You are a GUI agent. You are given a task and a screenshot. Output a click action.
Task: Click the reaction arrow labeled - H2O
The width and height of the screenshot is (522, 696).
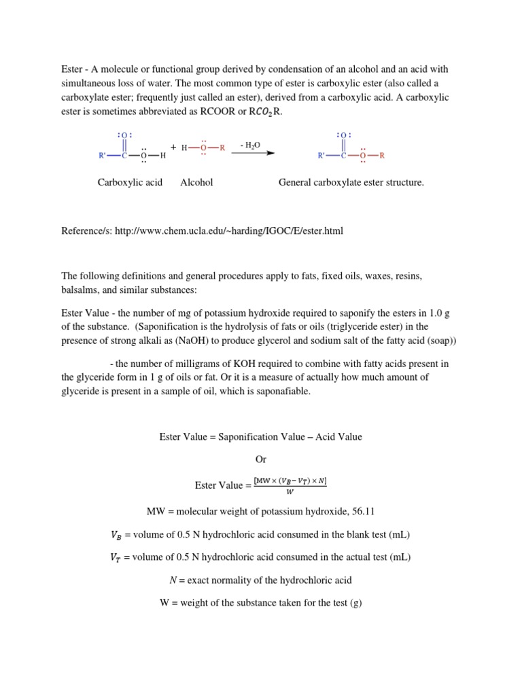(x=253, y=154)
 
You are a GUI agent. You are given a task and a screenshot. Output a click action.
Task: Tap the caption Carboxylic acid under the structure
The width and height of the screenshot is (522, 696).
(x=130, y=182)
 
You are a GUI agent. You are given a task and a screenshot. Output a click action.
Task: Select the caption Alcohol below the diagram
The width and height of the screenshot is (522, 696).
(x=196, y=182)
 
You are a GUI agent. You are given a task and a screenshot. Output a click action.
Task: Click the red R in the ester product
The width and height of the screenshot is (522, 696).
(x=382, y=156)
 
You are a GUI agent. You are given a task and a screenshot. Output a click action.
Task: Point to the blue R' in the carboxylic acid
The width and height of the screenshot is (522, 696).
(x=103, y=156)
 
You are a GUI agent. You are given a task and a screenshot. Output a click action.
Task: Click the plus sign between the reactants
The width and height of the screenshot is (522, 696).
(x=173, y=147)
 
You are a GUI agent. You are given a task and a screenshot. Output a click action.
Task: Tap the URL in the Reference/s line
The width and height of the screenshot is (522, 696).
(x=229, y=231)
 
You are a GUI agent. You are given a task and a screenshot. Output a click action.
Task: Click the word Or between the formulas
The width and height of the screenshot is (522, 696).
(x=261, y=459)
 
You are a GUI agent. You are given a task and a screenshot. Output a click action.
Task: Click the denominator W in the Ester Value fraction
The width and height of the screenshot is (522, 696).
(x=290, y=491)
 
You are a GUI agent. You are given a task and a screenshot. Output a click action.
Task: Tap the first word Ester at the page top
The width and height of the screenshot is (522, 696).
(x=71, y=69)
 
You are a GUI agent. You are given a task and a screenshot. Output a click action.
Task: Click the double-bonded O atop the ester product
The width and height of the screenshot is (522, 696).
(x=343, y=135)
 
